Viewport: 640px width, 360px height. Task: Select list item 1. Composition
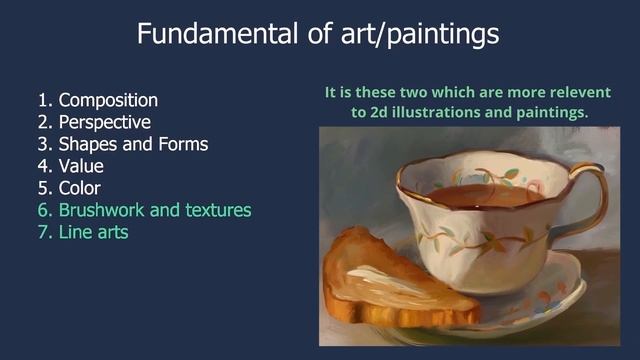pos(97,100)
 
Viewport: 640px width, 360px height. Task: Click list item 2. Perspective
pos(94,122)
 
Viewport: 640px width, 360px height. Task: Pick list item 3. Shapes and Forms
pos(122,144)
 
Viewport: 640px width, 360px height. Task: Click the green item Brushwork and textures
pos(154,210)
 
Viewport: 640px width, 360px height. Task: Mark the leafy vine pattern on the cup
pos(480,240)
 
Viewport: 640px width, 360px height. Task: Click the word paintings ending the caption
pos(552,113)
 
